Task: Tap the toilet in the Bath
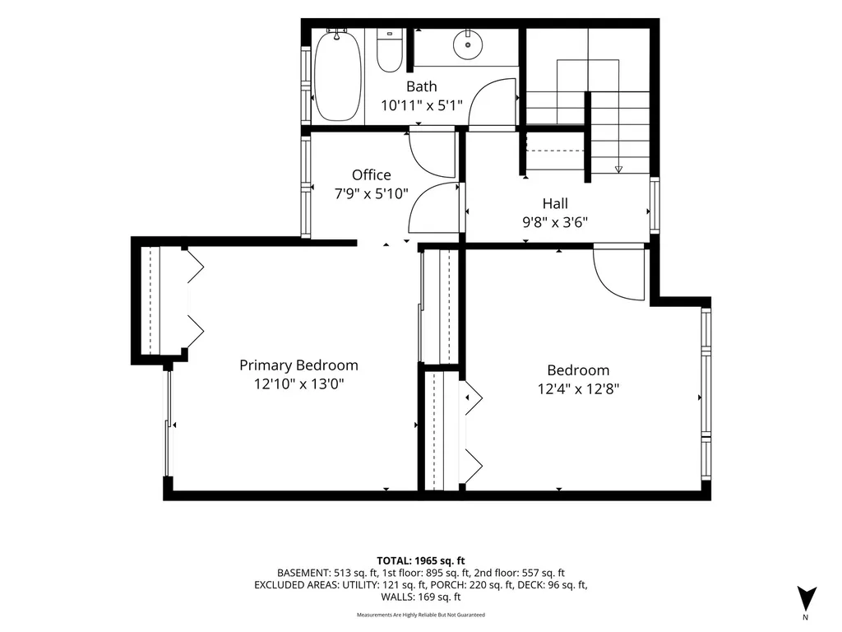(x=389, y=50)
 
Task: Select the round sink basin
(x=467, y=44)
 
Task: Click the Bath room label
(x=422, y=86)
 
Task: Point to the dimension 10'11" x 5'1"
(x=422, y=105)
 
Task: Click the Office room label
(x=372, y=174)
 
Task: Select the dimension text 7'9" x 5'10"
(x=372, y=193)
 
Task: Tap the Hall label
(x=555, y=204)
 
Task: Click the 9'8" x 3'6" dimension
(x=555, y=222)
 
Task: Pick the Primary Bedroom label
(x=298, y=365)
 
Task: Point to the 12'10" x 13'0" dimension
(x=298, y=384)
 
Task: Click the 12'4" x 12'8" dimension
(x=578, y=388)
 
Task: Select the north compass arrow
(x=807, y=597)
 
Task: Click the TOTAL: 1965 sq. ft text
(x=421, y=561)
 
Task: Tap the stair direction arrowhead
(x=618, y=170)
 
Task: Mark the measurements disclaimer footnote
(x=421, y=615)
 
